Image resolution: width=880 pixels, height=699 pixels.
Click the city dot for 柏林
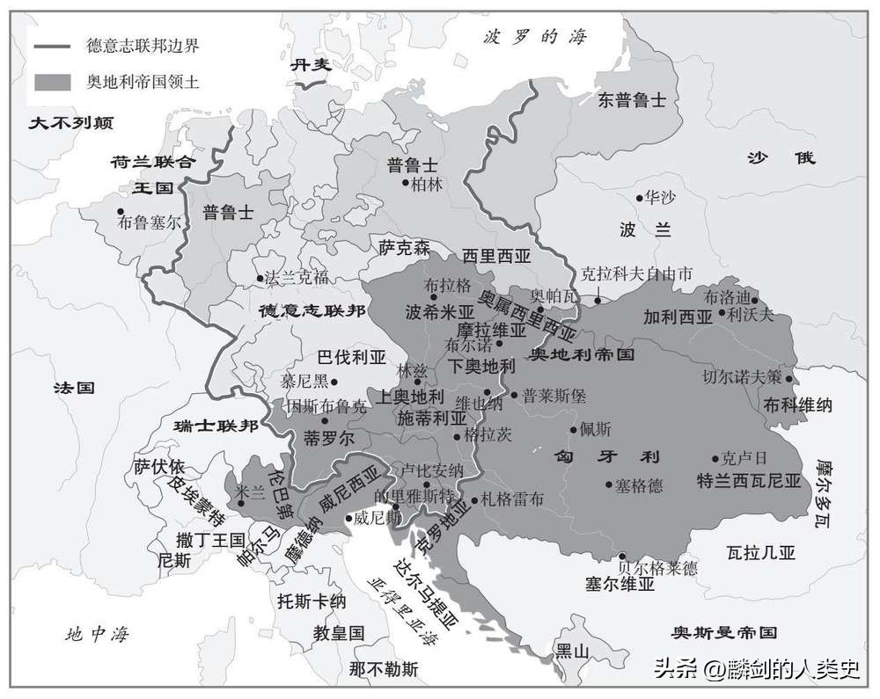406,183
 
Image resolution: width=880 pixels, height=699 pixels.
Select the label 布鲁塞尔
150,222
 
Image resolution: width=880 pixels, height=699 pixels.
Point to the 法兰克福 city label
297,278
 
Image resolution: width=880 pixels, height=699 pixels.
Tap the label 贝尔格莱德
657,568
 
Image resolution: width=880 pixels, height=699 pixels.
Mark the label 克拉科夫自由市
637,273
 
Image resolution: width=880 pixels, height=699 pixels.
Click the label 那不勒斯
383,669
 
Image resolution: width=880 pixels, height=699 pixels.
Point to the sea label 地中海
102,632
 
